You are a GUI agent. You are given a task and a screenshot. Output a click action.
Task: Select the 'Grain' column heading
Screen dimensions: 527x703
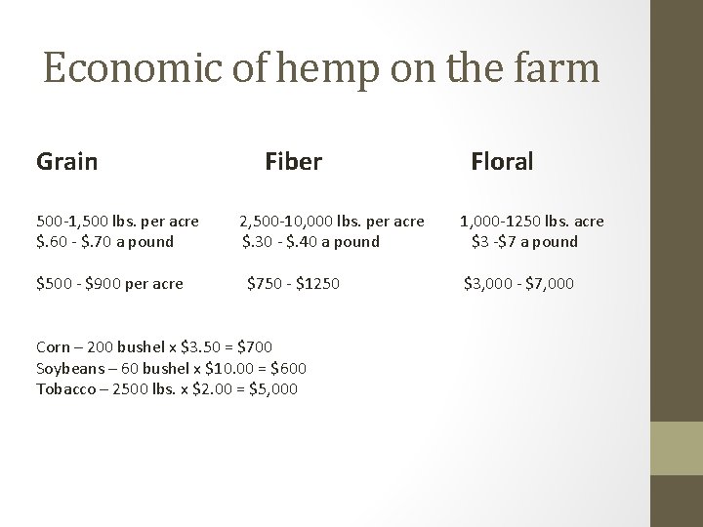point(66,161)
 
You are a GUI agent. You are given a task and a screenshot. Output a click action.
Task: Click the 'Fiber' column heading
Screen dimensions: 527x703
point(293,161)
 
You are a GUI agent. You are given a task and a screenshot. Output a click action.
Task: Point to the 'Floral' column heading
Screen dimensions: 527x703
point(502,161)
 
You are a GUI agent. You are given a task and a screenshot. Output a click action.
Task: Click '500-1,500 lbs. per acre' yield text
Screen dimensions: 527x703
point(117,222)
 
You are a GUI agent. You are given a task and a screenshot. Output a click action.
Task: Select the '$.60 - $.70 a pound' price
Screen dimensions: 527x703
point(104,241)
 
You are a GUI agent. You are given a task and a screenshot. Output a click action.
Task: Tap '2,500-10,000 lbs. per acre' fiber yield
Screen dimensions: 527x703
point(332,222)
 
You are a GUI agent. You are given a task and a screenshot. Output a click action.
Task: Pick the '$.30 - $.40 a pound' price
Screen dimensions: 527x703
point(310,241)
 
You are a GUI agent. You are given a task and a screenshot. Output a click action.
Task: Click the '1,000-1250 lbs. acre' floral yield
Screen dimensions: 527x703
point(532,222)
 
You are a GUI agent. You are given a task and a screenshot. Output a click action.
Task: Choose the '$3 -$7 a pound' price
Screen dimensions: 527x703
point(524,241)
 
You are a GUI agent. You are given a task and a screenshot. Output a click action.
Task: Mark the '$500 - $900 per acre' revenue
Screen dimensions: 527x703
point(109,284)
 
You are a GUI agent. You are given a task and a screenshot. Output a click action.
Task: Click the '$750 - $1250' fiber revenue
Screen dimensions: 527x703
point(293,284)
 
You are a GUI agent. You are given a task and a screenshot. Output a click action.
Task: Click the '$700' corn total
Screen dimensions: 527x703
point(254,346)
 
